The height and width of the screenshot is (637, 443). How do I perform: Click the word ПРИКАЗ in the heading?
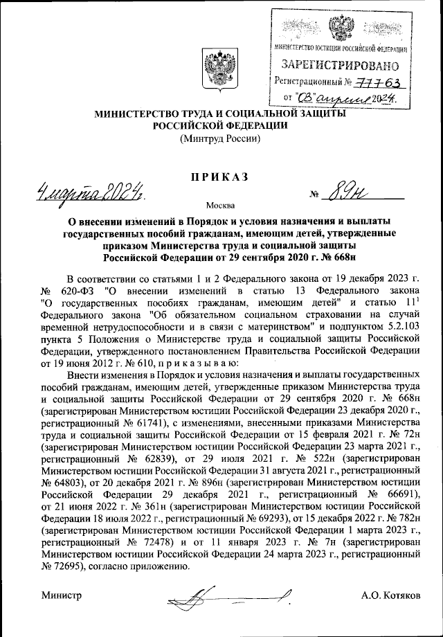(221, 177)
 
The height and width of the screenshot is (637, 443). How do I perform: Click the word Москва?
(221, 205)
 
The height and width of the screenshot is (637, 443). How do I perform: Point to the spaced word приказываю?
(202, 362)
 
